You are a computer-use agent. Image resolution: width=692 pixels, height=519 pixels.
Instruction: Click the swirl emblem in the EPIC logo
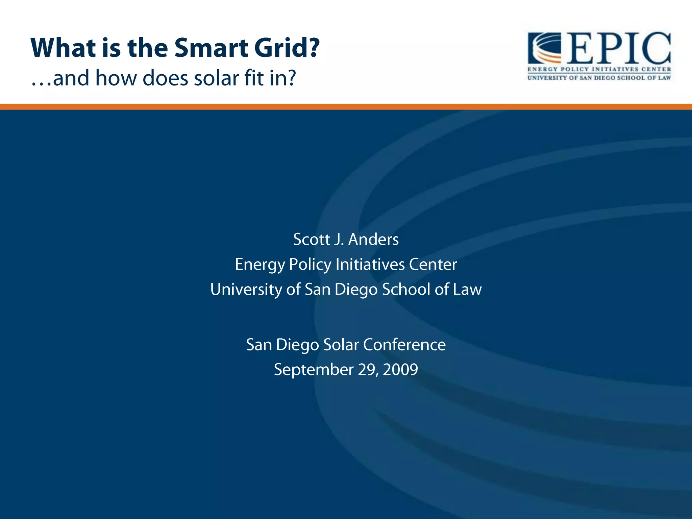pyautogui.click(x=544, y=48)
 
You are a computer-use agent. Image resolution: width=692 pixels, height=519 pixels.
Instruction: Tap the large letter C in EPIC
pyautogui.click(x=654, y=48)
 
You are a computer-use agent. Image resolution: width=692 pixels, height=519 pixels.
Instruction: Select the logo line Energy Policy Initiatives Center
pyautogui.click(x=599, y=69)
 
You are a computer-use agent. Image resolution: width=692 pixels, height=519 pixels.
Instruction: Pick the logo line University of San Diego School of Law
pyautogui.click(x=599, y=78)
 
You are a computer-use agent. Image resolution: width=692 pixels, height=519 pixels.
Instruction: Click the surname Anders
pyautogui.click(x=373, y=239)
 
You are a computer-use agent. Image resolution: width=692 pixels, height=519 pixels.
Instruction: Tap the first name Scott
pyautogui.click(x=311, y=239)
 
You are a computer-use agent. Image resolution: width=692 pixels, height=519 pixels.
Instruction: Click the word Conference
pyautogui.click(x=404, y=345)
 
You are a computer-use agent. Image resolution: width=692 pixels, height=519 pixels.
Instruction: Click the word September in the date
pyautogui.click(x=313, y=369)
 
